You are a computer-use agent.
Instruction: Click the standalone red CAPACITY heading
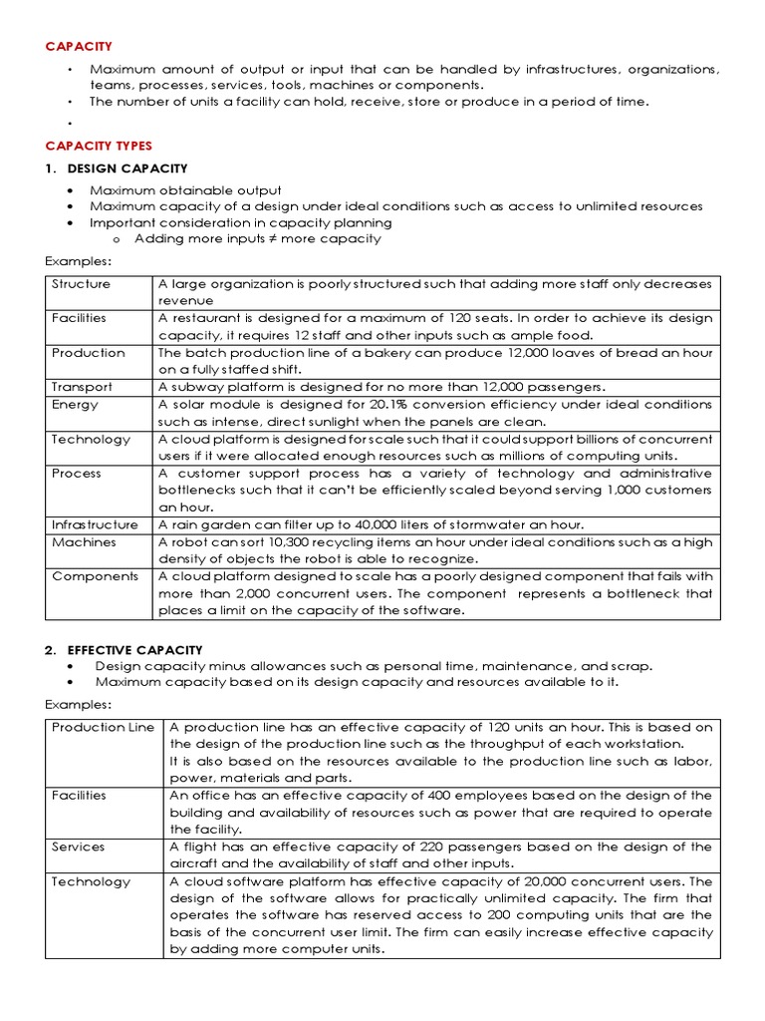click(x=79, y=46)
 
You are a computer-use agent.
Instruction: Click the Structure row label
click(x=81, y=284)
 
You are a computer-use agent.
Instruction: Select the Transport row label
click(x=82, y=387)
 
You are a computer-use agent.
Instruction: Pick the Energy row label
click(x=75, y=405)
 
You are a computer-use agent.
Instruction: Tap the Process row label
click(x=76, y=474)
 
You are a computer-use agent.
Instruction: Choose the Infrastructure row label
click(x=95, y=524)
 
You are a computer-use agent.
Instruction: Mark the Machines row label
click(x=84, y=542)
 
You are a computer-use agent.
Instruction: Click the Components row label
click(x=95, y=576)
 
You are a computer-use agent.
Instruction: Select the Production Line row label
click(x=103, y=727)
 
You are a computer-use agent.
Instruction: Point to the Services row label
click(x=78, y=847)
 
